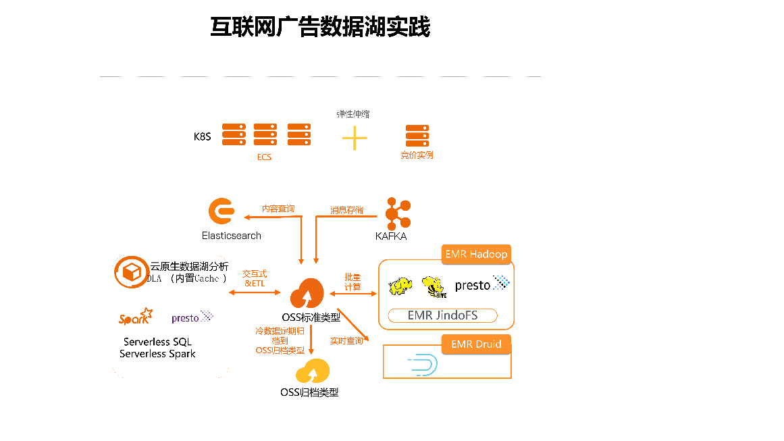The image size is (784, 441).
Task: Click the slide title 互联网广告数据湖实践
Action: tap(320, 28)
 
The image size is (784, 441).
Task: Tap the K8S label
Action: tap(203, 136)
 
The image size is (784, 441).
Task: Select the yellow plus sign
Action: tap(355, 138)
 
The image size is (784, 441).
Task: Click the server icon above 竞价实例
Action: tap(417, 136)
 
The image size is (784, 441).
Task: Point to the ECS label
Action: tap(264, 157)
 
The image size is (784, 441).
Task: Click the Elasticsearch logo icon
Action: tap(221, 212)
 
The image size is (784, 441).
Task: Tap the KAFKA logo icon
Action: tap(397, 213)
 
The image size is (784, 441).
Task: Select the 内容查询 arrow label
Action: tap(278, 209)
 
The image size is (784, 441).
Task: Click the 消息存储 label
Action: tap(346, 210)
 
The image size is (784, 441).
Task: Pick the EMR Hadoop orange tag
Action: tap(476, 255)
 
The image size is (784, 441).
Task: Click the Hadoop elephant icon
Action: tap(400, 286)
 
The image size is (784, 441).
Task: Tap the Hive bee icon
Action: tap(433, 286)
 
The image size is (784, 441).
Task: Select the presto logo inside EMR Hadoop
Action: tap(481, 284)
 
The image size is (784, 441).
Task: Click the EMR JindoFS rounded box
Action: tap(443, 315)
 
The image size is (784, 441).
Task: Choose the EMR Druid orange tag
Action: tap(476, 344)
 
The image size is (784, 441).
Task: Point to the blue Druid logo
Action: tap(423, 365)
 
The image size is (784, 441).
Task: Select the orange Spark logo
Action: tap(135, 317)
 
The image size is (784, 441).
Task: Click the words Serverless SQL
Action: tap(157, 342)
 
